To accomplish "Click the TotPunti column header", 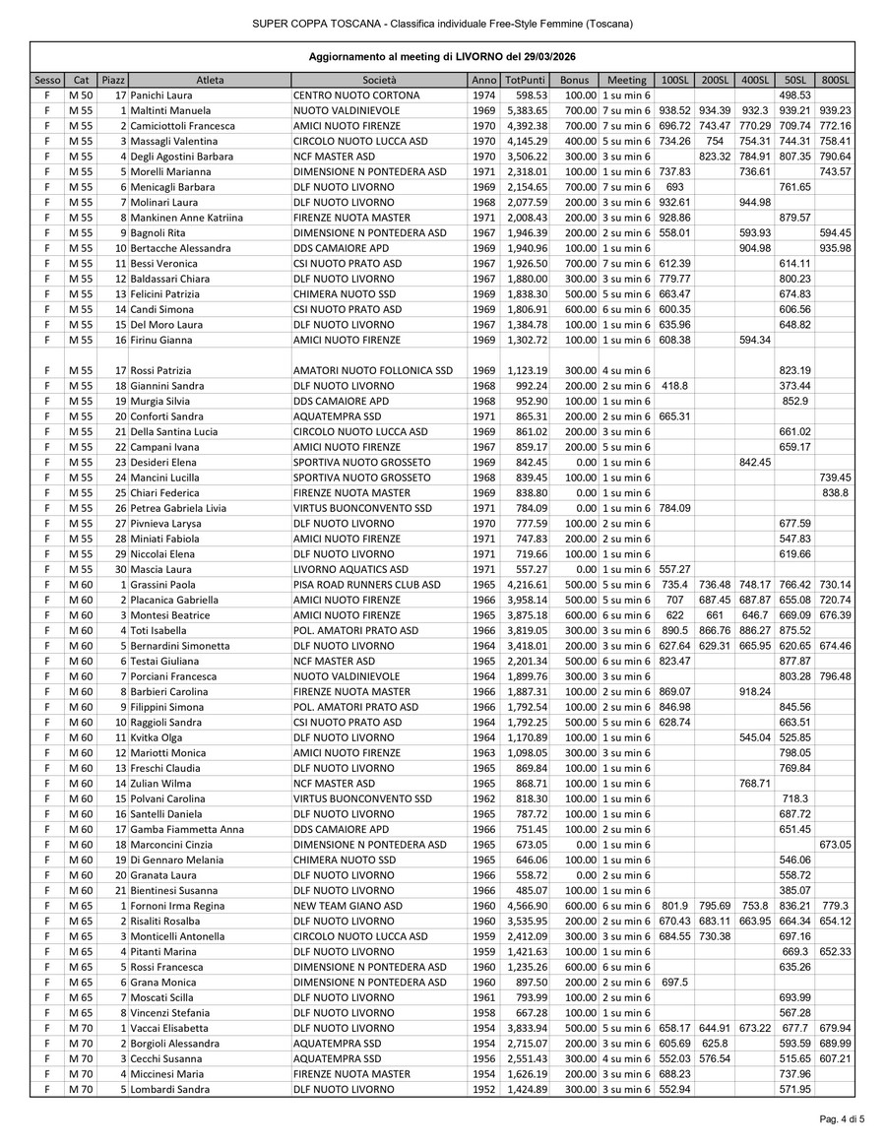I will tap(525, 79).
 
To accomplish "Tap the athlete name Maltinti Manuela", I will tap(174, 110).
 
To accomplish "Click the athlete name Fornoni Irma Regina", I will tap(182, 904).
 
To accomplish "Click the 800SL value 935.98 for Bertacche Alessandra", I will tap(835, 248).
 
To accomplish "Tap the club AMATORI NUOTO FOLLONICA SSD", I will tap(373, 370).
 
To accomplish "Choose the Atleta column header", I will tap(209, 79).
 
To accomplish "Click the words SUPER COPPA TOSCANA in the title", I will tap(309, 24).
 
